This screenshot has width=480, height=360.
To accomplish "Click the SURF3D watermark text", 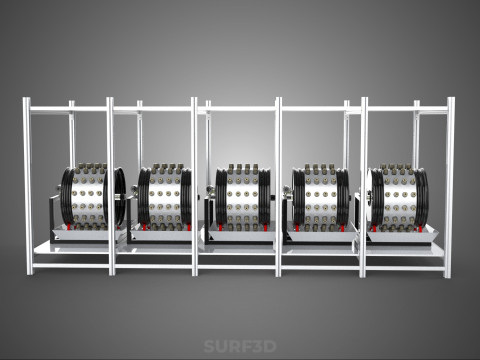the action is [x=240, y=346].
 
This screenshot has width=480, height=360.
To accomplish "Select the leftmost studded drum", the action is [x=93, y=197].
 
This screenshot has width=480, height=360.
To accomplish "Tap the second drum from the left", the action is [x=165, y=197].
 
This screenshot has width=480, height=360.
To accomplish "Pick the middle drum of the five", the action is [x=243, y=197].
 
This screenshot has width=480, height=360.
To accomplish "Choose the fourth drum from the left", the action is [x=321, y=197].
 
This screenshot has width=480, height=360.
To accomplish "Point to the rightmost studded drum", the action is [x=398, y=197].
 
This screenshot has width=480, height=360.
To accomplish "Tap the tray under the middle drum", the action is [x=241, y=233].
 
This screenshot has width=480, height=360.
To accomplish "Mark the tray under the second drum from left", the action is [x=163, y=232].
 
